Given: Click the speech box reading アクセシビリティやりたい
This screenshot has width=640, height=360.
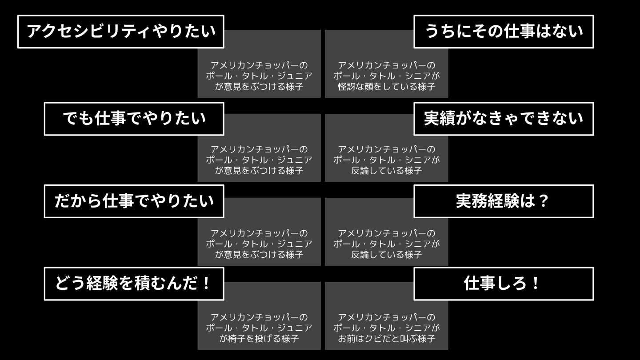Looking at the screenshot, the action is click(x=120, y=32).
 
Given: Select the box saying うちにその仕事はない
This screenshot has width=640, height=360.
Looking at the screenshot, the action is click(x=504, y=32).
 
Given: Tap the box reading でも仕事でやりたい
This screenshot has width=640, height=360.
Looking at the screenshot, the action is click(x=134, y=119).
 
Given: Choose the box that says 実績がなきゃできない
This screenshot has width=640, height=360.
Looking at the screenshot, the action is click(x=504, y=119).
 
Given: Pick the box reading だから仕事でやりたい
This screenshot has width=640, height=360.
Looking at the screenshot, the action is click(x=134, y=201).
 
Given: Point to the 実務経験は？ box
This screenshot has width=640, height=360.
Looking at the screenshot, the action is click(x=504, y=201).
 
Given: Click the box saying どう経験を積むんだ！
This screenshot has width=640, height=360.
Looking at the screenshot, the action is click(x=134, y=284).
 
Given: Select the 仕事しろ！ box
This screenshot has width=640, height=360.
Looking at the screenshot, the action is click(x=504, y=284).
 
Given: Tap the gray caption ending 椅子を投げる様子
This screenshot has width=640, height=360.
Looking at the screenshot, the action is click(x=259, y=328).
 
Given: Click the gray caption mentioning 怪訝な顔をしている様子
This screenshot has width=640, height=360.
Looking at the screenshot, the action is click(x=386, y=76).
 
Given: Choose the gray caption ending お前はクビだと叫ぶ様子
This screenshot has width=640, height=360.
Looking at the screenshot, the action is click(x=386, y=328).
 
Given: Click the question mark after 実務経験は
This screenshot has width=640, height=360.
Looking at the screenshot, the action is click(x=544, y=201).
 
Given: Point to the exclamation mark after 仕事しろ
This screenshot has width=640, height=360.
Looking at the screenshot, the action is click(x=536, y=284).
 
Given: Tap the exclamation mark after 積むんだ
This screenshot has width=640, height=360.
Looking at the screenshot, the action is click(x=205, y=284).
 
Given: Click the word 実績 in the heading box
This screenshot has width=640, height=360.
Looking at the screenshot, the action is click(x=440, y=119).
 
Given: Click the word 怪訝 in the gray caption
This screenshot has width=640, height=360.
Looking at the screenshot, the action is click(x=348, y=87).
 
